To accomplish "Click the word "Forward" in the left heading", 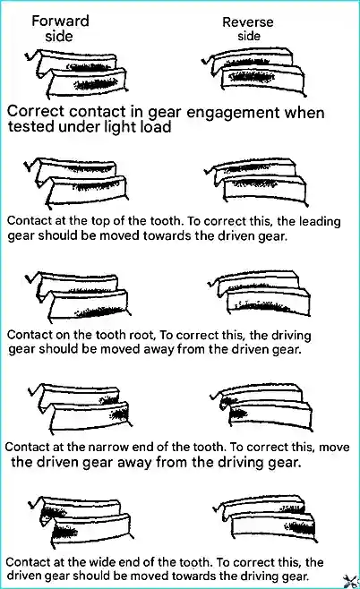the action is coord(60,21).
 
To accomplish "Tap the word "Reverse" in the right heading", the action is coord(248,22).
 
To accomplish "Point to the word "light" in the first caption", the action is coord(120,126).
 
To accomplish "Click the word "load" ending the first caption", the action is coord(156,126).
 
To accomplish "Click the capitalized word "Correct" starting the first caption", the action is coord(37,111).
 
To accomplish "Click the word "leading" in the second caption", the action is coord(320,222).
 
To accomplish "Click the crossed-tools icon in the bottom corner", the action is coord(351,581).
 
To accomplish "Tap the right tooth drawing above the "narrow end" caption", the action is coord(261,406).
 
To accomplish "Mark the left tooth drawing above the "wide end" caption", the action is coord(80,521).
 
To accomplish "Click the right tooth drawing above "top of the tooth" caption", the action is coord(256,183).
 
